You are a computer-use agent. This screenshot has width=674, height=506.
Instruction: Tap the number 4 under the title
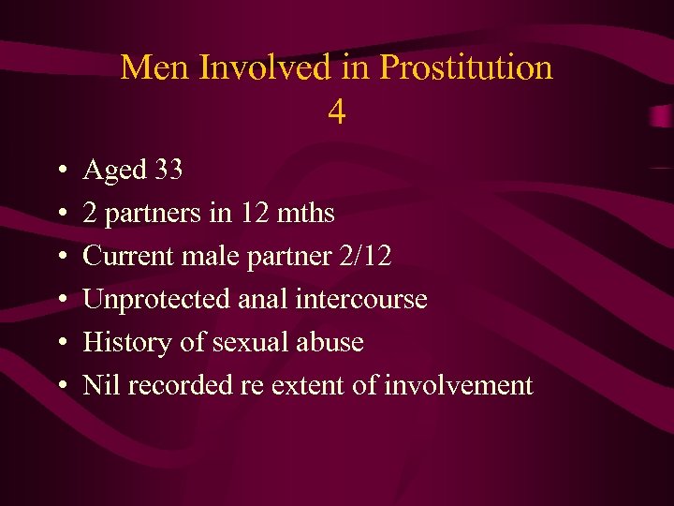(x=337, y=112)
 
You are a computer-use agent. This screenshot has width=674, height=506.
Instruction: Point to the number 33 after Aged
(x=168, y=171)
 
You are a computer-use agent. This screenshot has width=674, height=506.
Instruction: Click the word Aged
(x=115, y=171)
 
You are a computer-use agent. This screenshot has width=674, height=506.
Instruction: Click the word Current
(x=127, y=257)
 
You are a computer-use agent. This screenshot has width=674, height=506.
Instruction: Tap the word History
(x=119, y=343)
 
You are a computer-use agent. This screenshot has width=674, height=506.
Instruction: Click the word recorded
(x=179, y=385)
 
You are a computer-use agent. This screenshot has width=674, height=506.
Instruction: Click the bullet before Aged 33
(x=59, y=171)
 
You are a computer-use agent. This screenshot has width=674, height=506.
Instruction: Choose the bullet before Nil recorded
(x=59, y=386)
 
